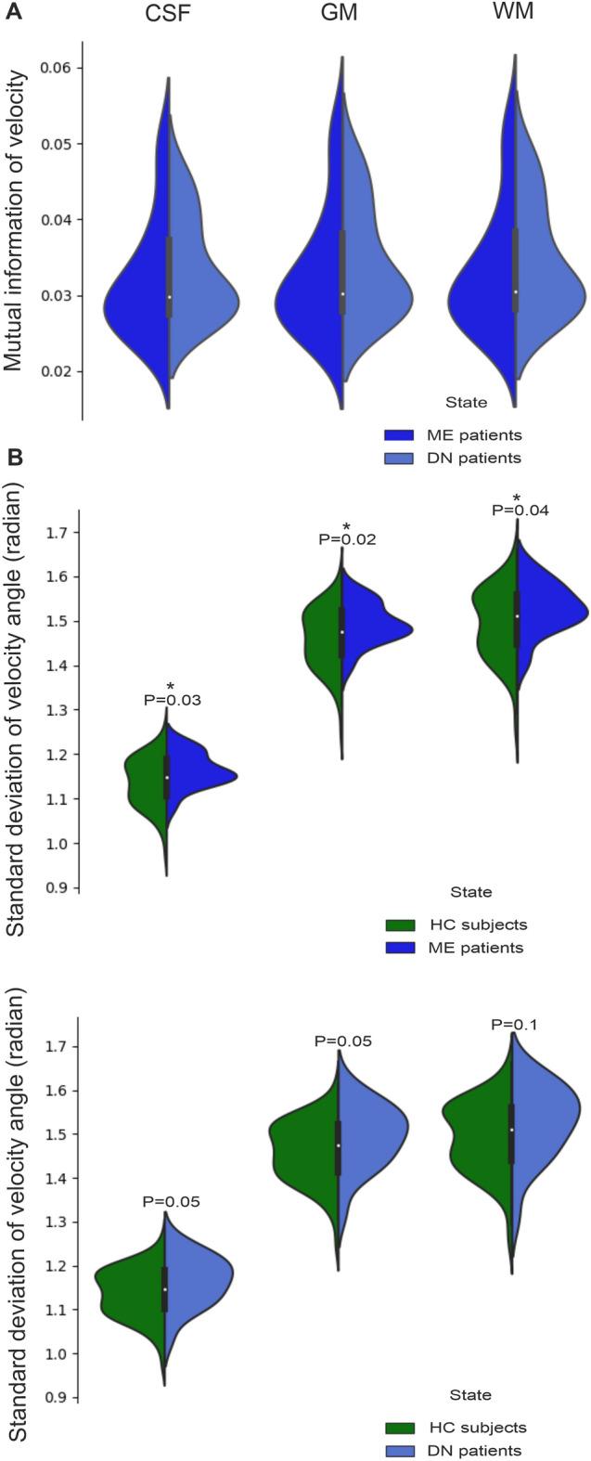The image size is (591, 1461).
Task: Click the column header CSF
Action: [x=169, y=16]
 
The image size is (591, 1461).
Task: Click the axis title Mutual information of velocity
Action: [x=15, y=220]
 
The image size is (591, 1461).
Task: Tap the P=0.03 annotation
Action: [x=172, y=700]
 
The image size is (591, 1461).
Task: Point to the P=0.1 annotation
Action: [x=514, y=1025]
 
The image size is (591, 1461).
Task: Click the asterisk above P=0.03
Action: [x=171, y=688]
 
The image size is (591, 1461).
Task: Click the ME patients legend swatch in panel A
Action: [x=398, y=434]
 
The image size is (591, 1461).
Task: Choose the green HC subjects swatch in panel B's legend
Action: [x=398, y=924]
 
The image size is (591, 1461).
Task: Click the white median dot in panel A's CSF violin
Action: [x=169, y=297]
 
